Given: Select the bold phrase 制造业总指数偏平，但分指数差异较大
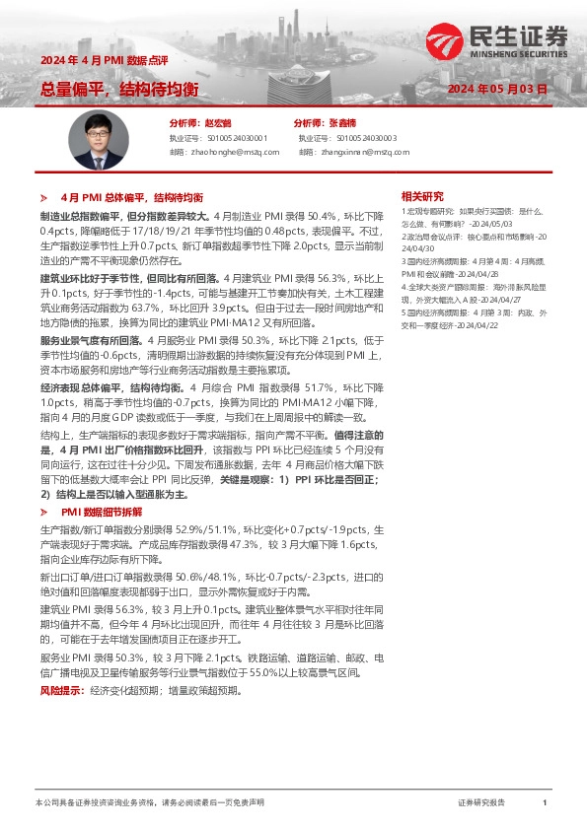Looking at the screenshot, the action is click(x=124, y=215).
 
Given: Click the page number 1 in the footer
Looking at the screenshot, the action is click(x=544, y=803).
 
